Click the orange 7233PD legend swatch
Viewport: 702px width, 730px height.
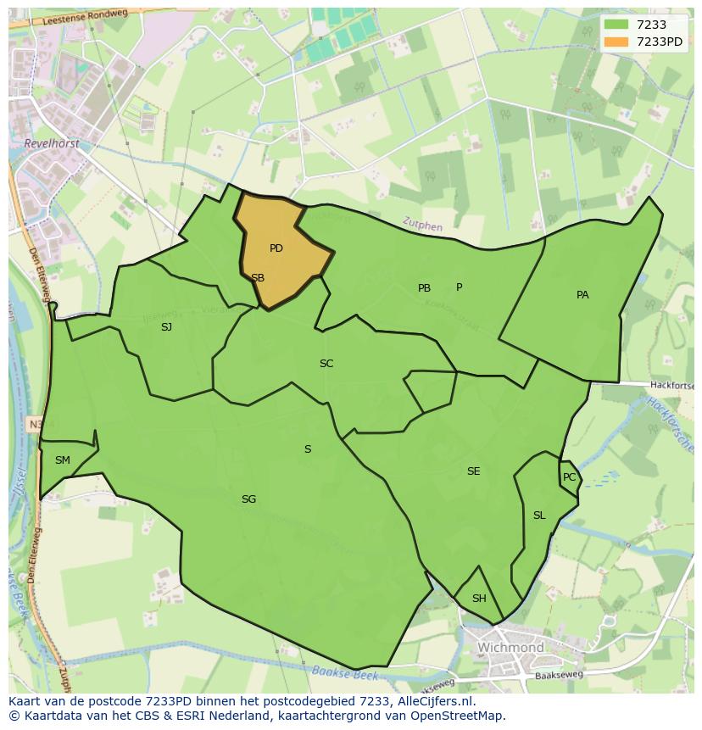pyautogui.click(x=616, y=42)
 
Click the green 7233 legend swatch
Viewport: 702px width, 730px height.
pyautogui.click(x=616, y=25)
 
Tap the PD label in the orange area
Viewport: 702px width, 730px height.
pyautogui.click(x=276, y=248)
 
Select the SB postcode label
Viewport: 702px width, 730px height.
pyautogui.click(x=258, y=278)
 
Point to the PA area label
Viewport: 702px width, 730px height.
pyautogui.click(x=582, y=295)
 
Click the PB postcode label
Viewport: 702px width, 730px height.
pyautogui.click(x=424, y=288)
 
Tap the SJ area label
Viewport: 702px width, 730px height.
pyautogui.click(x=166, y=326)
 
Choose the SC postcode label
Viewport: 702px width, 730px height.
pyautogui.click(x=326, y=364)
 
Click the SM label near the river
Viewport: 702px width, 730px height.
pyautogui.click(x=63, y=460)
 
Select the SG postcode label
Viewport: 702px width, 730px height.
pyautogui.click(x=248, y=499)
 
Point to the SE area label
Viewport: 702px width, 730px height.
pyautogui.click(x=473, y=471)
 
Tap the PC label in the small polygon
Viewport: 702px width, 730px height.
pyautogui.click(x=569, y=477)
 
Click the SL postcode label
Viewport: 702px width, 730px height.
pyautogui.click(x=539, y=515)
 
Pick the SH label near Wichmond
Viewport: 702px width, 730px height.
pyautogui.click(x=479, y=599)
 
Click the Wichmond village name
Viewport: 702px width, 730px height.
pyautogui.click(x=510, y=648)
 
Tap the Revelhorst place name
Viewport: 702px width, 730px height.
pyautogui.click(x=53, y=144)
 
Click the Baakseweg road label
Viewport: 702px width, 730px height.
pyautogui.click(x=560, y=676)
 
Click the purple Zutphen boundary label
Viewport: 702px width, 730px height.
pyautogui.click(x=422, y=226)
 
